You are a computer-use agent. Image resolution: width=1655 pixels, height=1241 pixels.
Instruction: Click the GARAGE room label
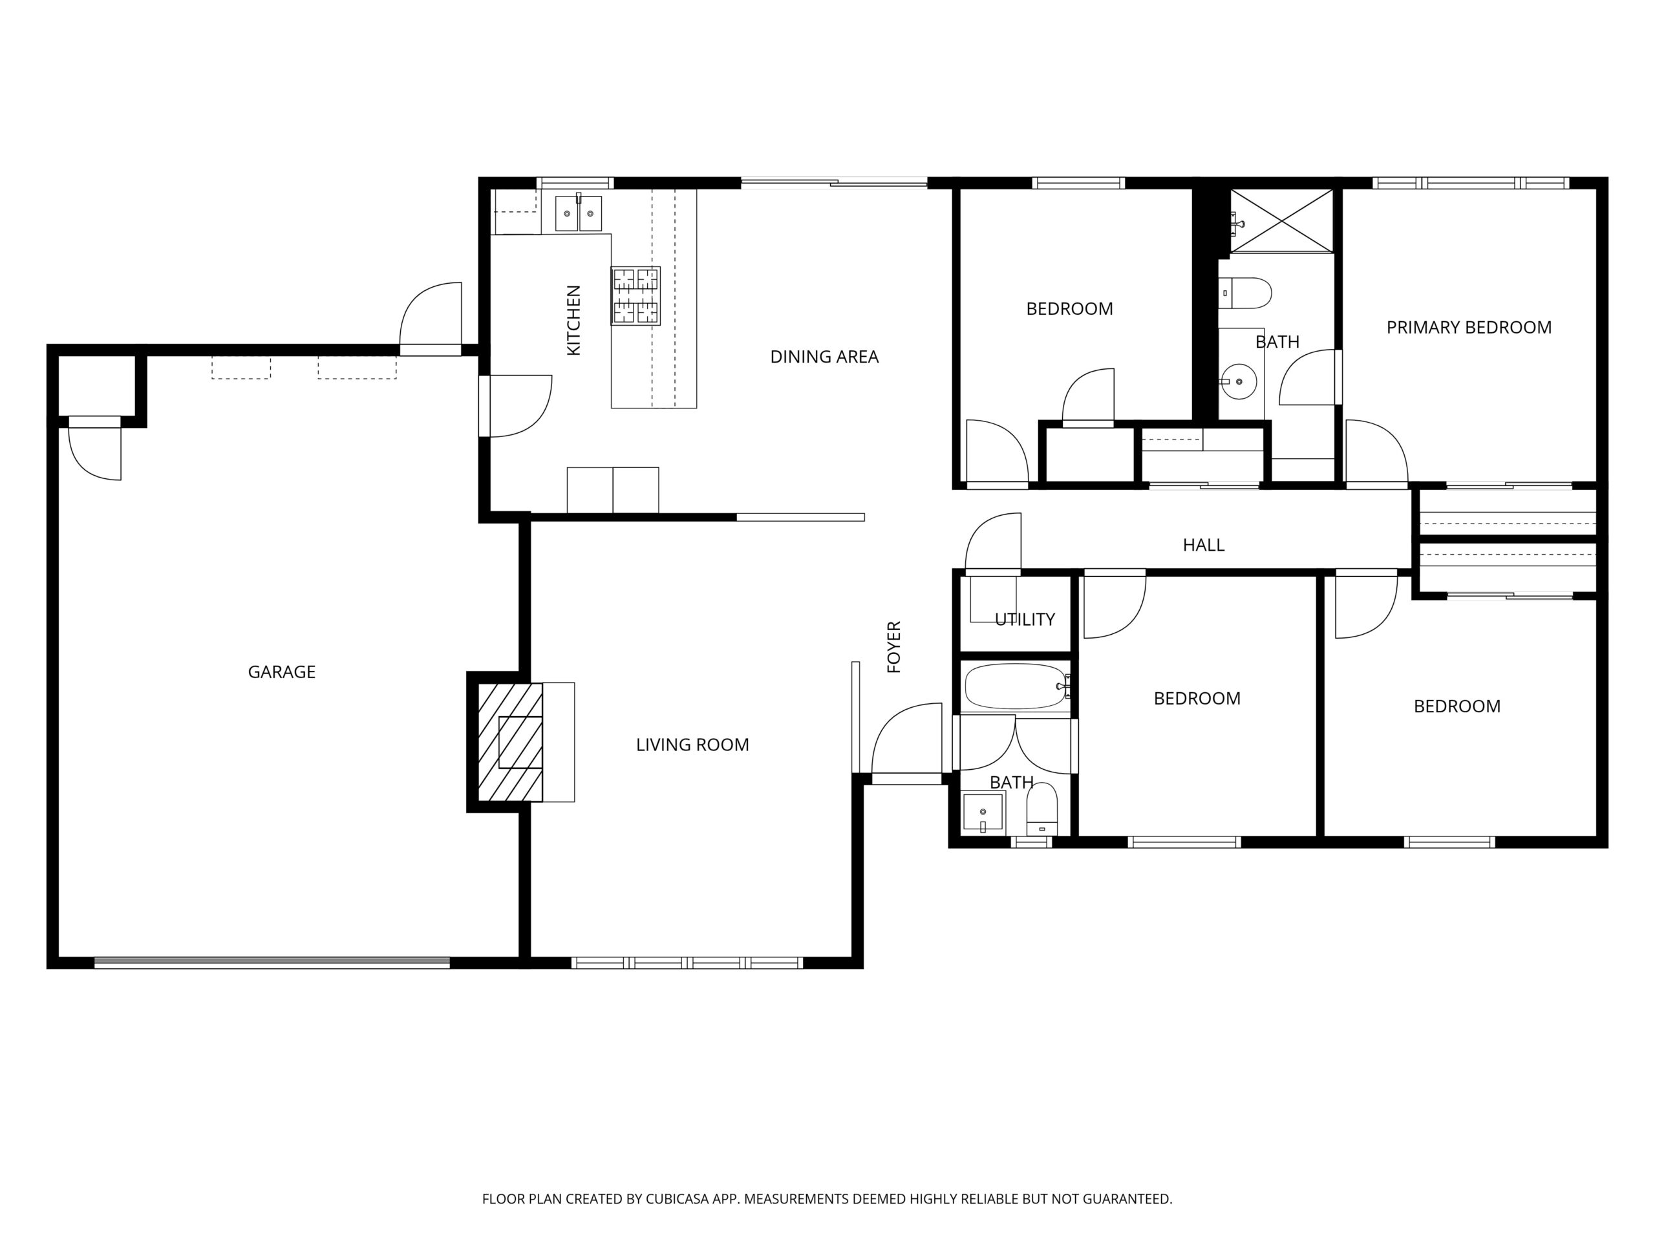tap(281, 672)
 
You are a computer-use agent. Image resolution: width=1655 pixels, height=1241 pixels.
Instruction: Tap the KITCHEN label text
tap(573, 320)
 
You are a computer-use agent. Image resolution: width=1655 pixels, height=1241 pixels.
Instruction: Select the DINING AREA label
tap(824, 357)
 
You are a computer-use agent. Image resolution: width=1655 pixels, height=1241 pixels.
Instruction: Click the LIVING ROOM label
tap(692, 745)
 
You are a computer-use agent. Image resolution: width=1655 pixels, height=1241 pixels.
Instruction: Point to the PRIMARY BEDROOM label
tap(1469, 327)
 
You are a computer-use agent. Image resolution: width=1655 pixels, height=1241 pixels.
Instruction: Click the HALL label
tap(1203, 545)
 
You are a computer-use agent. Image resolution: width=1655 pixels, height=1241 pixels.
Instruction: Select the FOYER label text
tap(893, 647)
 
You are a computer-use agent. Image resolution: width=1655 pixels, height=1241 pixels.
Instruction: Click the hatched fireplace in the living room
tap(510, 742)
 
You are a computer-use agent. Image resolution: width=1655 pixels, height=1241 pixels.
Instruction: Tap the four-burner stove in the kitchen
tap(635, 295)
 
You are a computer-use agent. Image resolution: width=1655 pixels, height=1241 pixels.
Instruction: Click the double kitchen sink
tap(579, 213)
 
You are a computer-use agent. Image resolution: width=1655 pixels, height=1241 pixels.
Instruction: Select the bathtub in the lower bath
tap(1017, 686)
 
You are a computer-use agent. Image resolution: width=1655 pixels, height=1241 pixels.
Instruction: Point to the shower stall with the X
tap(1281, 220)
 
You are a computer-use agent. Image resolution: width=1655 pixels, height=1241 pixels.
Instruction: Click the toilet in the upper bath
tap(1245, 293)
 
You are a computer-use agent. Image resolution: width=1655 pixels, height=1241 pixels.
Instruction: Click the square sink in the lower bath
tap(983, 812)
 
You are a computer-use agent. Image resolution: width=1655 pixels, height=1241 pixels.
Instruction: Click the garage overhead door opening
tap(272, 962)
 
